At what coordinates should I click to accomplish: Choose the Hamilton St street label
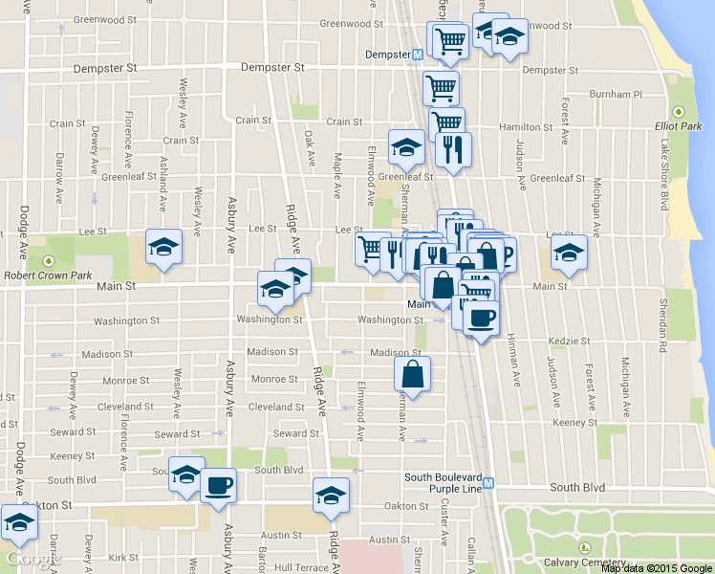click(x=526, y=127)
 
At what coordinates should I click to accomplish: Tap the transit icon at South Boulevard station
click(x=488, y=483)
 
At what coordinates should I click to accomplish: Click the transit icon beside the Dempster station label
click(x=418, y=54)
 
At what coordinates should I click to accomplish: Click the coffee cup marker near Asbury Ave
click(x=218, y=484)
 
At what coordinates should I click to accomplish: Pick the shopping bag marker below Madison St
click(x=413, y=373)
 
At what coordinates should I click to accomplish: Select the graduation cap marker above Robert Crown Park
click(x=163, y=247)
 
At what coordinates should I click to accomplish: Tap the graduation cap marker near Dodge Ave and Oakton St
click(x=18, y=522)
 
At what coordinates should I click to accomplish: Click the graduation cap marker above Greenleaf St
click(x=406, y=146)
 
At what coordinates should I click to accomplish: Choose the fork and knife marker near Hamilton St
click(x=453, y=149)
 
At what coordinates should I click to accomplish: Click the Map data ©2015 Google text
click(x=657, y=568)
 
